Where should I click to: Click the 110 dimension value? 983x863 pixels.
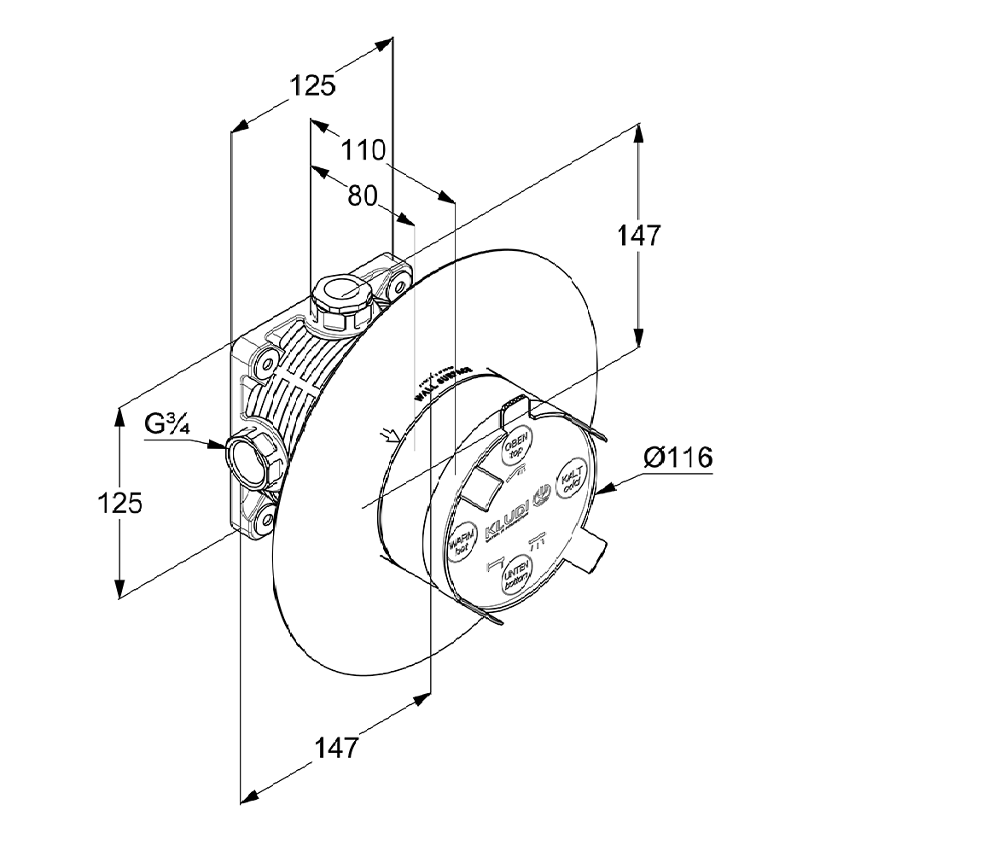364,151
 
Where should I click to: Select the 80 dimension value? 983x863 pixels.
363,195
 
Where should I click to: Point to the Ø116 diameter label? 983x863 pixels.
679,458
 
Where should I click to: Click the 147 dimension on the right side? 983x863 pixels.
639,235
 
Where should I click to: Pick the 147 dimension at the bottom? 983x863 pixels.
336,748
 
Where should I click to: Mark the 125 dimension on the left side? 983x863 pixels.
119,503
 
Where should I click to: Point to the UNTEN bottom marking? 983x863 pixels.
517,574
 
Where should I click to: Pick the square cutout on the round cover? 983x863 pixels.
479,487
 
